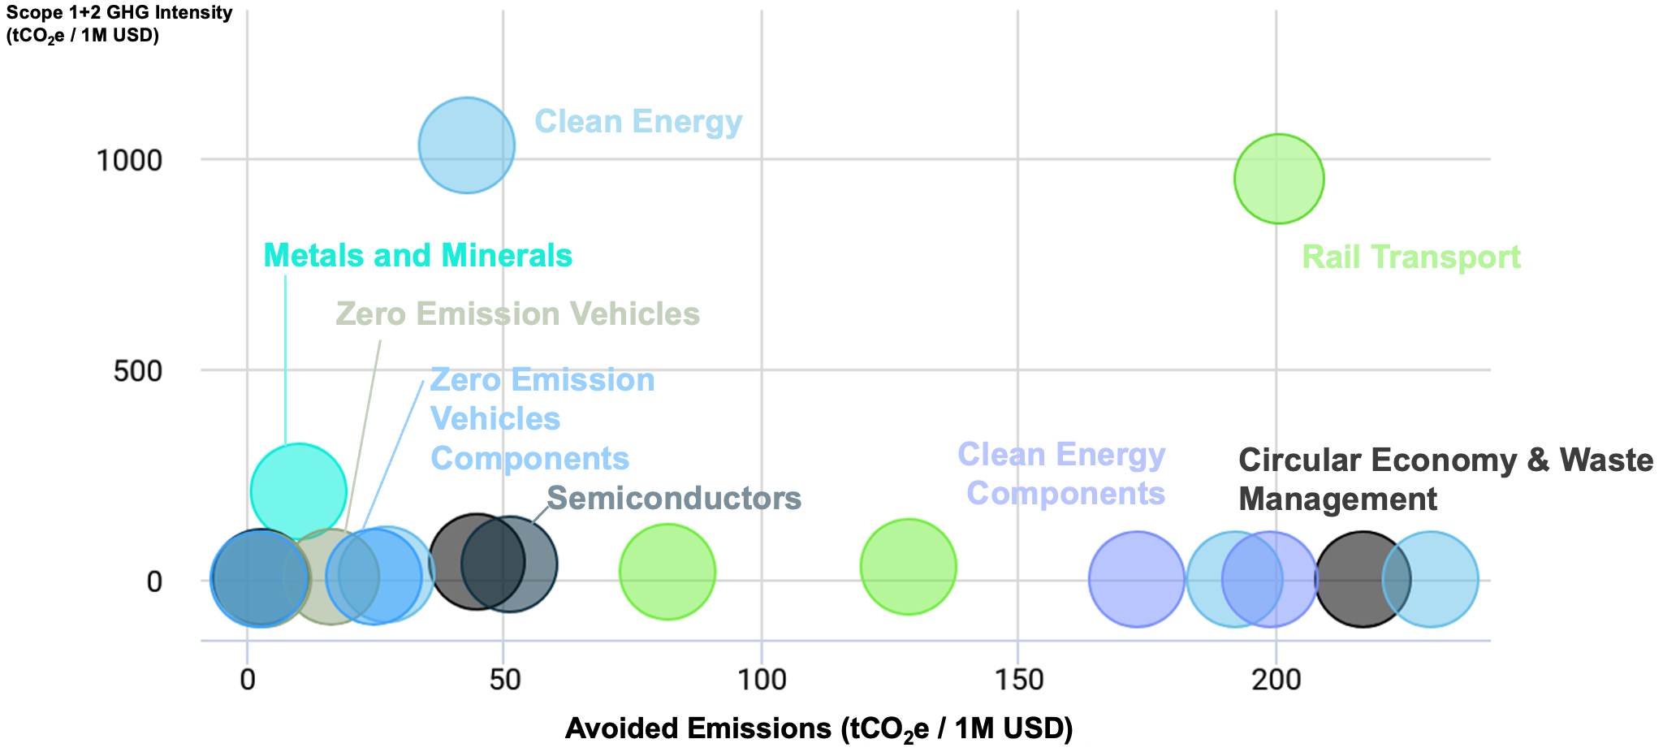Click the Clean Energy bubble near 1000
coord(466,145)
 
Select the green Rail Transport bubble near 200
coord(1279,179)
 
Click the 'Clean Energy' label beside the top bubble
coord(638,122)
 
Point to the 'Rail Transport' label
coord(1410,257)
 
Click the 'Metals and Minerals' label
coord(418,256)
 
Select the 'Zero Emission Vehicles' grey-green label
coord(517,314)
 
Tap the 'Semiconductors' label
coord(674,499)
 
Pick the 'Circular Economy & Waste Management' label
coord(1445,479)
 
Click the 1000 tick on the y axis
coord(129,160)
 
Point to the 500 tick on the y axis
coord(138,371)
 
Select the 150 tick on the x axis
coord(1018,679)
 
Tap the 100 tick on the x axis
coord(762,679)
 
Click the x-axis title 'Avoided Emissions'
coord(819,728)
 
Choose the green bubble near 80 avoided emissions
coord(667,572)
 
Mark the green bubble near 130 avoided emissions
coord(908,566)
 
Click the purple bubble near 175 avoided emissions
coord(1136,579)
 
